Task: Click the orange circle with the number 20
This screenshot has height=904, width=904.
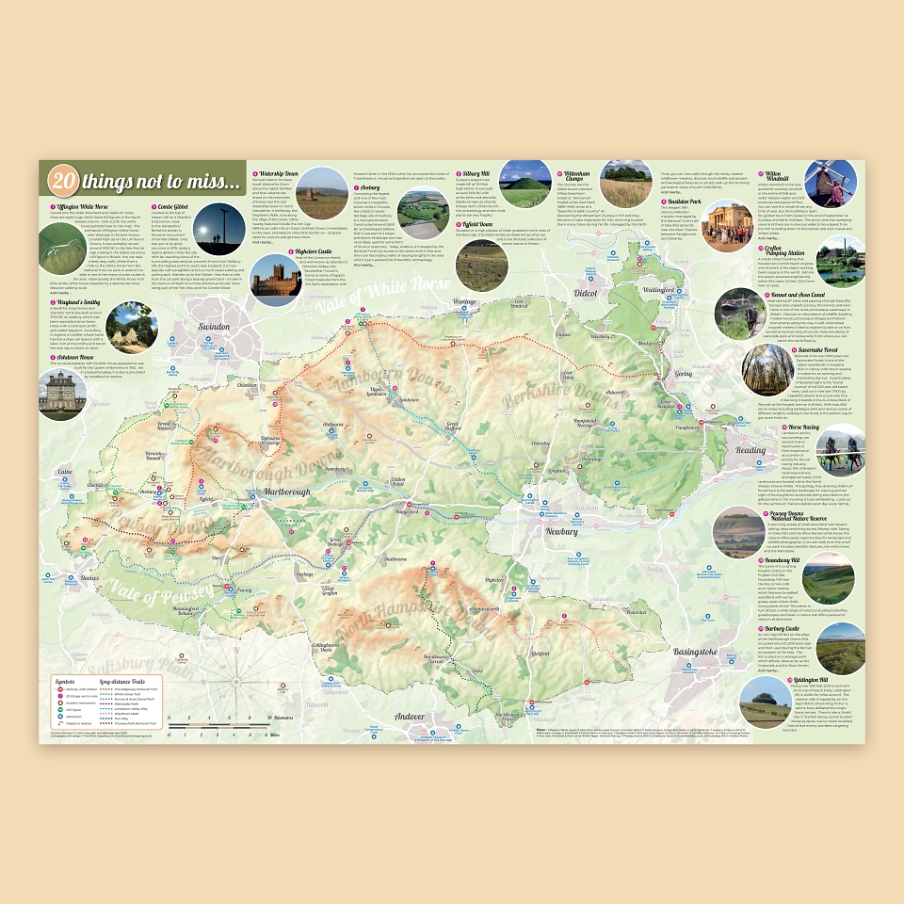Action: [64, 180]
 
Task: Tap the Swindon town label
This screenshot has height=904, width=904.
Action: [215, 326]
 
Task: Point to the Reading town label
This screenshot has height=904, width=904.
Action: [751, 450]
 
